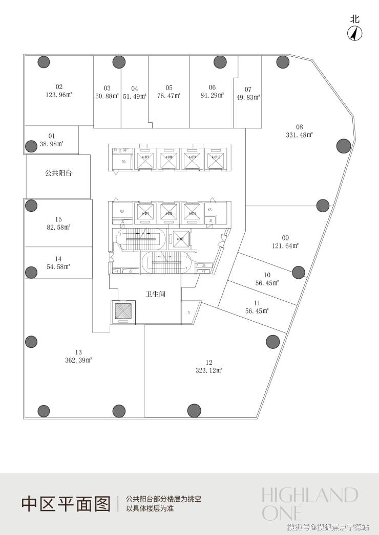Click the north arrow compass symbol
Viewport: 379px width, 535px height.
[x=355, y=33]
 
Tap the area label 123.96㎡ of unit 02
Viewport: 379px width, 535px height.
[x=59, y=95]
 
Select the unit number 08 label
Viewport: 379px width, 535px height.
[x=300, y=127]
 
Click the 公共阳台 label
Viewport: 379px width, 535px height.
[x=58, y=173]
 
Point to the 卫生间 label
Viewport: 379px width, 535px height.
[x=155, y=295]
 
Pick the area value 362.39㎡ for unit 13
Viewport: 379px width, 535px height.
[x=78, y=360]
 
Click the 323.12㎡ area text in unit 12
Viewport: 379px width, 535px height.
[x=209, y=370]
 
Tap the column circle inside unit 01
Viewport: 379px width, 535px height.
[x=31, y=146]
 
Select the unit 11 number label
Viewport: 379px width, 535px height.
[x=257, y=303]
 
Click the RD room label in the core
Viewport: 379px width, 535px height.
[x=123, y=162]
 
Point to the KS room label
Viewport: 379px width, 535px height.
[x=209, y=210]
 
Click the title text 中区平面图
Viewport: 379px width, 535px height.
[x=66, y=504]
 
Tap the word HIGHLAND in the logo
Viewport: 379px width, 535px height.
[x=309, y=495]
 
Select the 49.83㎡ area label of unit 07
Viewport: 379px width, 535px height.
[x=248, y=97]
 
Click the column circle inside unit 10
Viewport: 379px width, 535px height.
[x=299, y=272]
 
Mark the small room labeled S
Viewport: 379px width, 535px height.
[x=188, y=312]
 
